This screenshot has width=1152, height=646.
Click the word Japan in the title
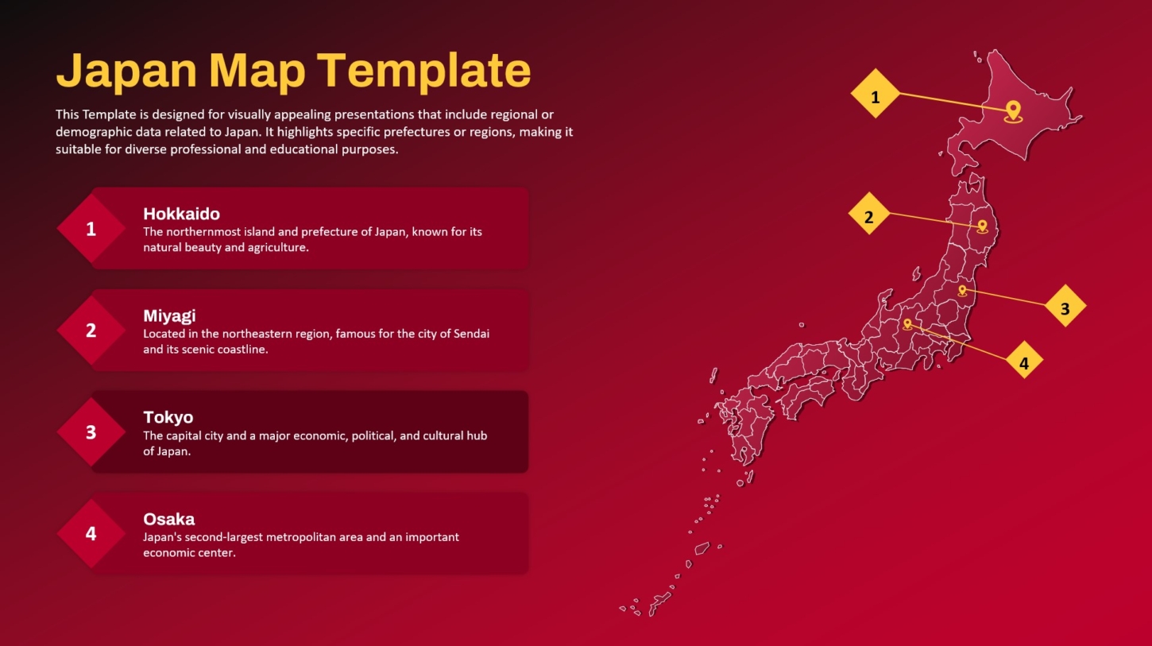tap(126, 72)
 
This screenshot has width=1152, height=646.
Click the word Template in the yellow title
tap(423, 72)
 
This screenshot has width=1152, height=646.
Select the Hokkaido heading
tap(182, 214)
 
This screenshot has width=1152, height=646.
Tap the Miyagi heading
tap(169, 315)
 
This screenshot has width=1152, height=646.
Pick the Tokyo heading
tap(168, 417)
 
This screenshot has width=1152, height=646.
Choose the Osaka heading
tap(168, 519)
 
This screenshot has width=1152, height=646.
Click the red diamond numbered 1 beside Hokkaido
tap(91, 229)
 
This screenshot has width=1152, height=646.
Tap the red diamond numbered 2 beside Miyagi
tap(91, 331)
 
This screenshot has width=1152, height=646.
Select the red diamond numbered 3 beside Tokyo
tap(91, 432)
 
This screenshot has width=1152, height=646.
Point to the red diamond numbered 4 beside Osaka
tap(91, 533)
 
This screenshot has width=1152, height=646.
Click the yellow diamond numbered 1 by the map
tap(876, 94)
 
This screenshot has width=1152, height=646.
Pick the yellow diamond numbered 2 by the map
tap(869, 214)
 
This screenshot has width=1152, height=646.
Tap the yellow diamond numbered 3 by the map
tap(1065, 305)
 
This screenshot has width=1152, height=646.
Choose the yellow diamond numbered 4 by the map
tap(1024, 359)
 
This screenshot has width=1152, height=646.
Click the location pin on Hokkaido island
tap(1013, 111)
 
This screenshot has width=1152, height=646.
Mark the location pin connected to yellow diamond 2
tap(982, 226)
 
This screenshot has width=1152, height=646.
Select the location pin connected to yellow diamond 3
tap(962, 291)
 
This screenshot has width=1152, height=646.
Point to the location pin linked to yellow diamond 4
tap(907, 324)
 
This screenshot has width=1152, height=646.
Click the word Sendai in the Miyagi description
tap(471, 334)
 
